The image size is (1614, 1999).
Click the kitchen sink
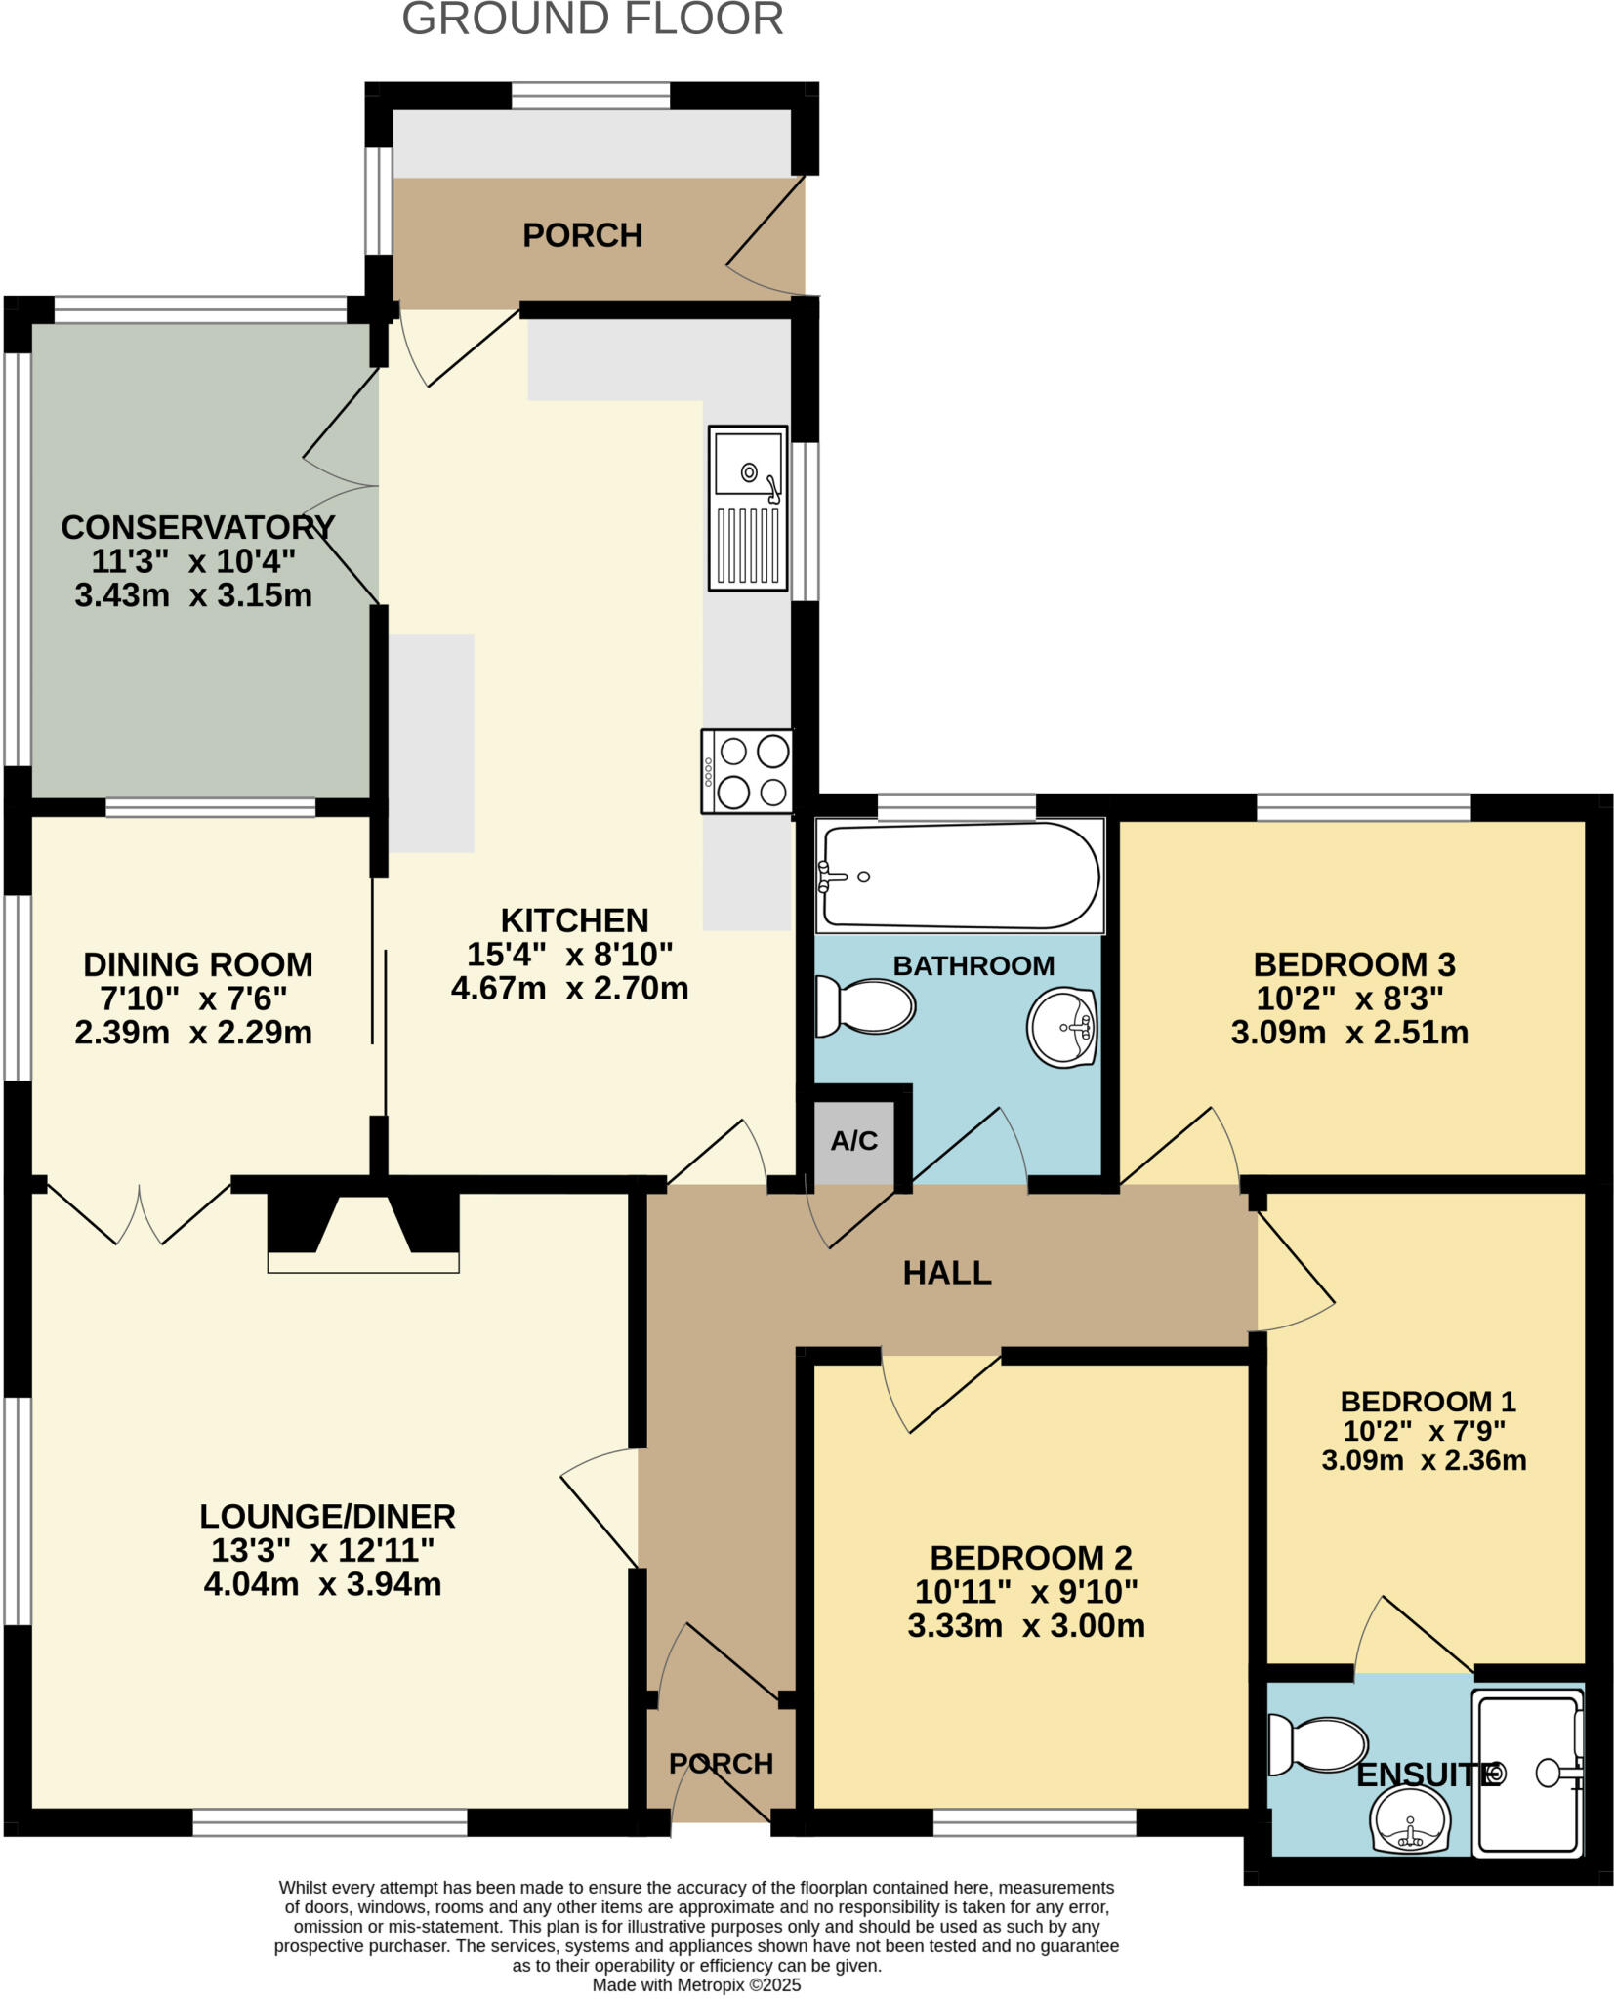[748, 507]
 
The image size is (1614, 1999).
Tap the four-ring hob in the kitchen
[747, 771]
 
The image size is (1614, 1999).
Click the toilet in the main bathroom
[865, 1006]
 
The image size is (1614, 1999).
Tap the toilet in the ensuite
[1317, 1746]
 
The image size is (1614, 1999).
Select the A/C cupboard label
[854, 1141]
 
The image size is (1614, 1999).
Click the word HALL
[946, 1273]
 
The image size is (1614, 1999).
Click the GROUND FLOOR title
[593, 20]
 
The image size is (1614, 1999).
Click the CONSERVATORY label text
[197, 527]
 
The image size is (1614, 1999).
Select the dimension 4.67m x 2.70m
[569, 989]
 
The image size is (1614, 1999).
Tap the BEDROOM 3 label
[1353, 964]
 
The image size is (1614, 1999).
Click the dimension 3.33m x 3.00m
[1025, 1626]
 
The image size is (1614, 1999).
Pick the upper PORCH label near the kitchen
[582, 235]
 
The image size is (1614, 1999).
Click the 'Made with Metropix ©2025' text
[696, 1985]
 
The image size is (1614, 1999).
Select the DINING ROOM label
[197, 964]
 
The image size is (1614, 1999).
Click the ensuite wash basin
[1409, 1820]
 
